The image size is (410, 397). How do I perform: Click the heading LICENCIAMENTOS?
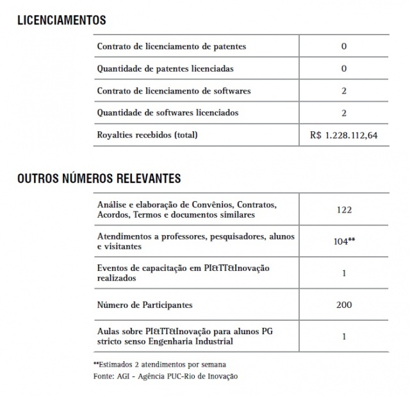[x=61, y=20]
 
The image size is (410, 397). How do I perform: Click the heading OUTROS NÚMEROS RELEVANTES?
[x=99, y=177]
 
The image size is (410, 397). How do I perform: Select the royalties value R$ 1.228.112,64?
[x=344, y=135]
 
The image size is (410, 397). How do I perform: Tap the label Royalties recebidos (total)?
[x=147, y=135]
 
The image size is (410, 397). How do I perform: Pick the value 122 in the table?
[x=344, y=209]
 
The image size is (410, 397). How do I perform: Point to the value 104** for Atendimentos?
[x=344, y=241]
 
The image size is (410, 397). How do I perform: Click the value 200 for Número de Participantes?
[x=344, y=305]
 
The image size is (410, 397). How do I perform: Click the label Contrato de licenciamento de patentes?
[x=171, y=46]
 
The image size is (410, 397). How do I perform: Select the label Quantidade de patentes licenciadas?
[x=165, y=69]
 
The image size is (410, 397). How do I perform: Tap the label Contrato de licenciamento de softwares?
[x=174, y=91]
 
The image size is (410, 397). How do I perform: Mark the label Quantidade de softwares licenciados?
[x=167, y=113]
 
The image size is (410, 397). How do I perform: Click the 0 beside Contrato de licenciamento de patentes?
[x=344, y=46]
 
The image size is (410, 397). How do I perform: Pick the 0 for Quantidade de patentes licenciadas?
[x=344, y=69]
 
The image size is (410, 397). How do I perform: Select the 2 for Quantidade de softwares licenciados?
[x=344, y=113]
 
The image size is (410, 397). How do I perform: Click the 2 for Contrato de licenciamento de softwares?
[x=344, y=91]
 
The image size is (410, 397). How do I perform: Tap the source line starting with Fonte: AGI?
[x=165, y=376]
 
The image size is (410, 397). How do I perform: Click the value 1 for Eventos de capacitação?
[x=344, y=272]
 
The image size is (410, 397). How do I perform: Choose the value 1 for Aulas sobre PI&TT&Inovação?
[x=344, y=336]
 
